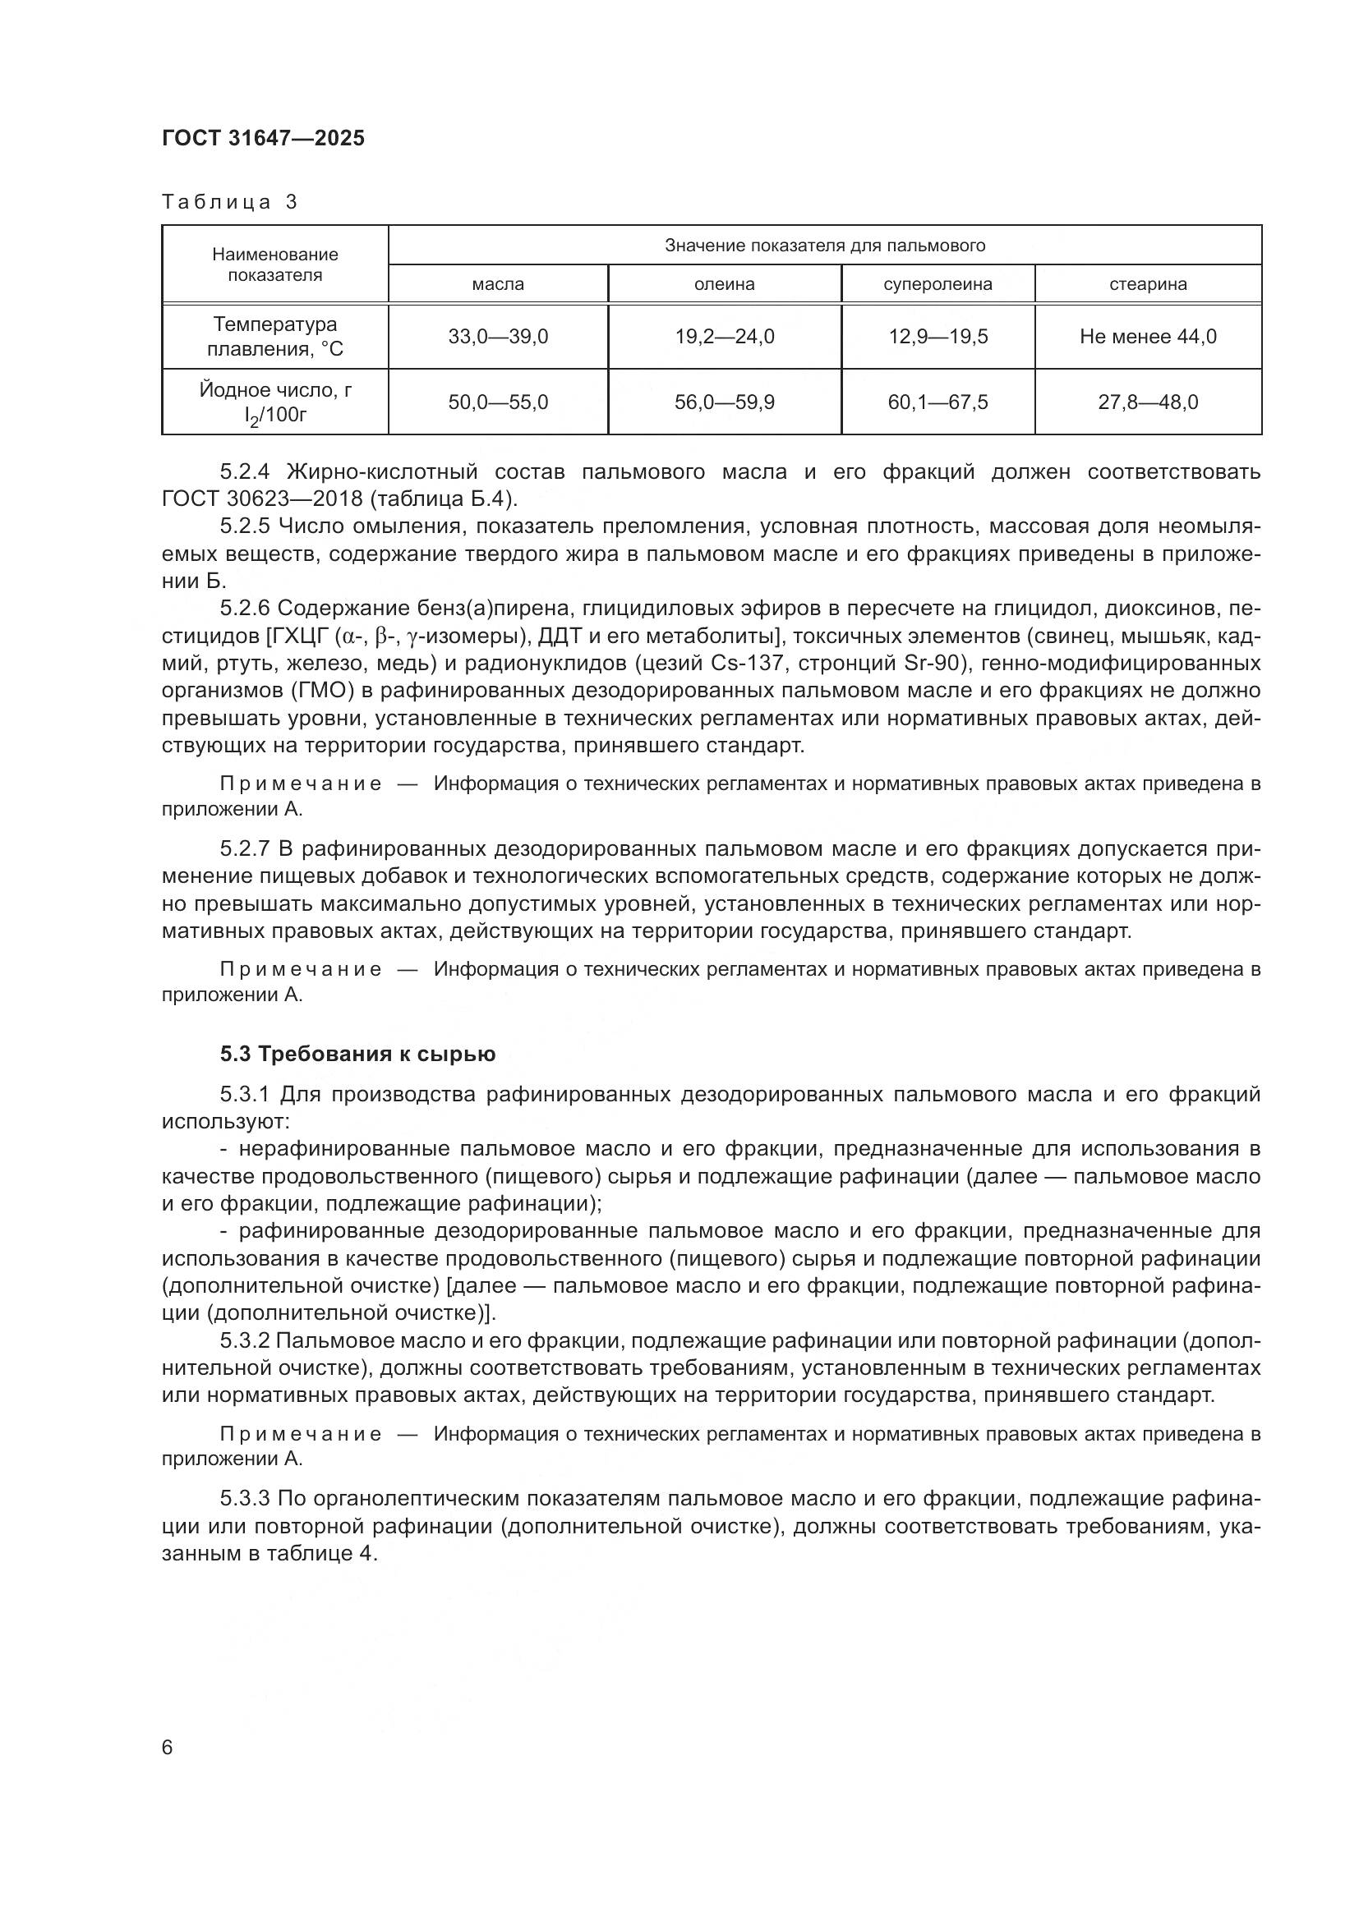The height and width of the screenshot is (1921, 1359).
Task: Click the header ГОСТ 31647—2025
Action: [x=263, y=138]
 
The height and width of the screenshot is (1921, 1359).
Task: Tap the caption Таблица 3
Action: [x=229, y=202]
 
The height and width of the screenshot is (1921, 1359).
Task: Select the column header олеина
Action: [x=724, y=284]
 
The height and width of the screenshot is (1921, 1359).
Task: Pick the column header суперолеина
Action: [x=937, y=284]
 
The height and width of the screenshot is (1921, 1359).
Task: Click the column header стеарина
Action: [x=1147, y=284]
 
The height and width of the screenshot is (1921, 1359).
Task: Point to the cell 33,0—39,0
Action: [x=498, y=337]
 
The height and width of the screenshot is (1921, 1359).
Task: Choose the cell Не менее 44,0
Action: [x=1147, y=337]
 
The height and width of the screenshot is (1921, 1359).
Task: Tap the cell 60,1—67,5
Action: [x=937, y=402]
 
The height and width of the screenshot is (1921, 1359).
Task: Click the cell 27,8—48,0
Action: [x=1147, y=402]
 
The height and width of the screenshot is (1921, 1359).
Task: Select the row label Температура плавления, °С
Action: [x=274, y=337]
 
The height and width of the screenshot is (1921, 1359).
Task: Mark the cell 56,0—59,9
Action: [x=724, y=402]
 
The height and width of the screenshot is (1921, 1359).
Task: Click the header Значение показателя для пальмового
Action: [x=824, y=245]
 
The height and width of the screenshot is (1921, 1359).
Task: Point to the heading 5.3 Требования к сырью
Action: [x=357, y=1055]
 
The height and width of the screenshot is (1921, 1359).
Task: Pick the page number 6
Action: [x=168, y=1747]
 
